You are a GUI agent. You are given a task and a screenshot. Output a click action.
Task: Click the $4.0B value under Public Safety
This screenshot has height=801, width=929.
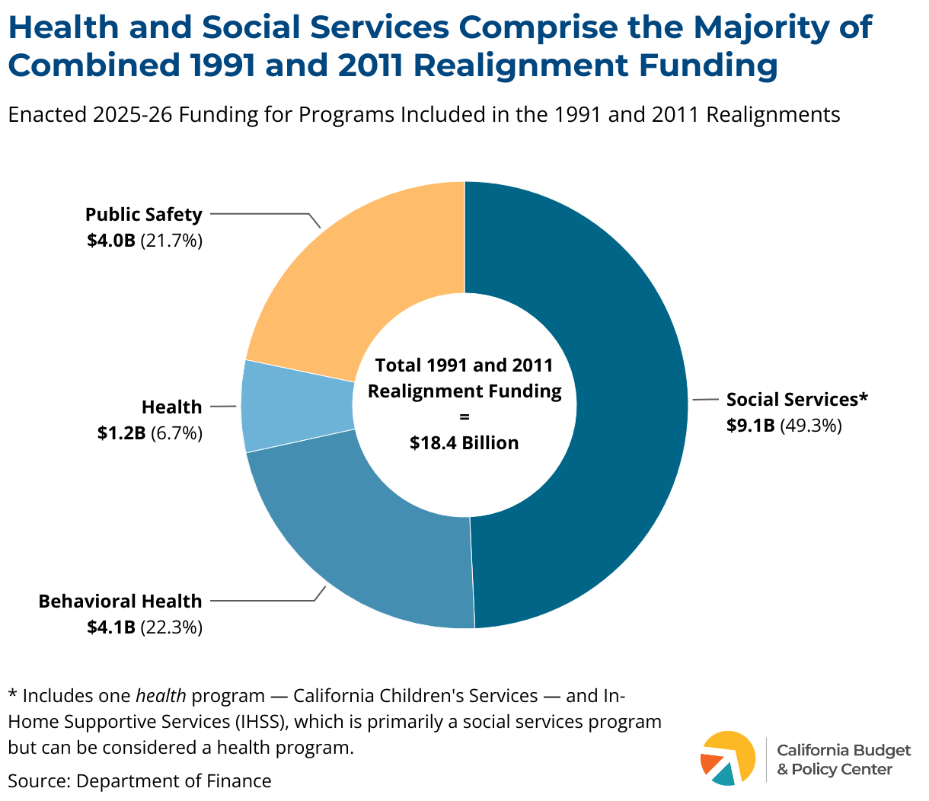pos(110,241)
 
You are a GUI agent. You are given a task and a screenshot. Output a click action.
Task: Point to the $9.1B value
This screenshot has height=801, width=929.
pos(750,426)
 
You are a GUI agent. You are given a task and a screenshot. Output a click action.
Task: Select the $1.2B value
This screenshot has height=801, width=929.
pos(121,433)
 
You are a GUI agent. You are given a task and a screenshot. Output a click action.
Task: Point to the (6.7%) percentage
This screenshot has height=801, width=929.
pos(177,433)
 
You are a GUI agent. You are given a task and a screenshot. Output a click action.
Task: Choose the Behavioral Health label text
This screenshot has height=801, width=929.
pos(120,602)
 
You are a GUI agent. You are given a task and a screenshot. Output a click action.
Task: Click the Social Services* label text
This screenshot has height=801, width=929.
pos(797,400)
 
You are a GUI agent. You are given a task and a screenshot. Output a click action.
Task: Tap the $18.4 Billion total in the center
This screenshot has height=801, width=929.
pos(464,443)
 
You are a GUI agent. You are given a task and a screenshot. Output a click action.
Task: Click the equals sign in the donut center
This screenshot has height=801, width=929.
pos(464,417)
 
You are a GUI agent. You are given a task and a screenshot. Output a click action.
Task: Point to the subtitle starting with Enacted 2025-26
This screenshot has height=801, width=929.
pos(424,115)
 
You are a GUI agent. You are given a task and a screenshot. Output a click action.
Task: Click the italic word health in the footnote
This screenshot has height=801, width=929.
pos(161,696)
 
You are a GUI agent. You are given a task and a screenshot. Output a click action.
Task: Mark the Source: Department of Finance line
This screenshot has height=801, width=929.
pos(139,781)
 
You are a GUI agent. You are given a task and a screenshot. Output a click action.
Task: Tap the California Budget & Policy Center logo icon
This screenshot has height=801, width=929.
pos(727,758)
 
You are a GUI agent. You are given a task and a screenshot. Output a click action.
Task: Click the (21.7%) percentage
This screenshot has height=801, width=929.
pos(172,241)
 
